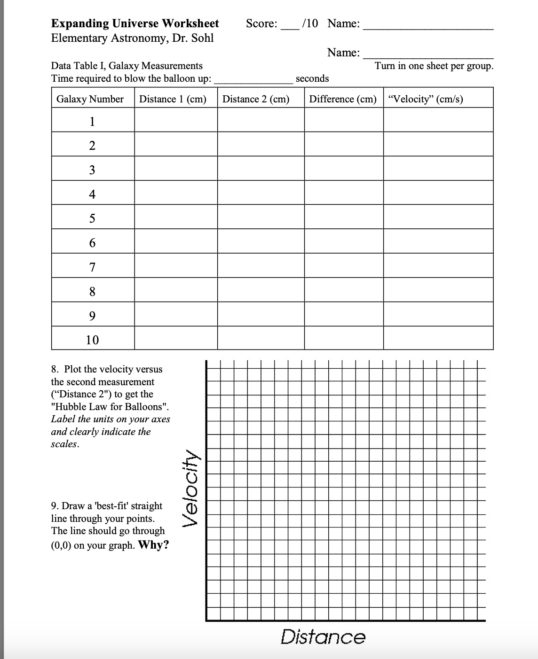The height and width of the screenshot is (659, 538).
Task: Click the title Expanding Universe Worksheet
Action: [135, 23]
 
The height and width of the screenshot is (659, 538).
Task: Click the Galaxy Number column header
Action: [90, 99]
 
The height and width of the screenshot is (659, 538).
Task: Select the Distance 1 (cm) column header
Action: [173, 99]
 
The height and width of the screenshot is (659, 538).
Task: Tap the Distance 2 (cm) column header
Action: [256, 99]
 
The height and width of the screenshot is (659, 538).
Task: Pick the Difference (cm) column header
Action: [343, 99]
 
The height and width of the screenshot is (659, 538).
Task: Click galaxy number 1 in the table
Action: [92, 122]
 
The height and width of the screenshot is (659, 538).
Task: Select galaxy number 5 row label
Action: [92, 218]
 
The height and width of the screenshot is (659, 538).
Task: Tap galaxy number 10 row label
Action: [92, 340]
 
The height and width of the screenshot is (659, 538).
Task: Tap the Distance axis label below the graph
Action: [323, 637]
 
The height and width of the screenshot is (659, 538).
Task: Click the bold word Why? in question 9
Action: [154, 545]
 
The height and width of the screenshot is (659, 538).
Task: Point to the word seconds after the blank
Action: [312, 78]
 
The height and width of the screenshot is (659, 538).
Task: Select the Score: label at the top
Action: [261, 23]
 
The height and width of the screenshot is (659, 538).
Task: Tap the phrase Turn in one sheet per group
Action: [434, 66]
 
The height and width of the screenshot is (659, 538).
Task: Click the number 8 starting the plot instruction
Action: [55, 369]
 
